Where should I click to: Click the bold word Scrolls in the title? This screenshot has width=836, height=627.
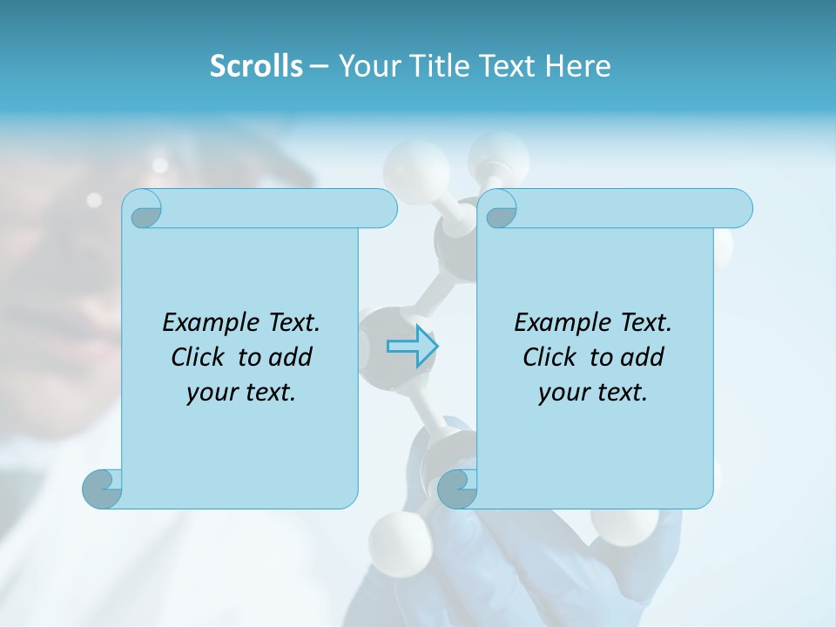[256, 66]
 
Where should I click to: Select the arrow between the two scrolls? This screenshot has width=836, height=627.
[412, 347]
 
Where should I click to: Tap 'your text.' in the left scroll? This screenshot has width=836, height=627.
[241, 393]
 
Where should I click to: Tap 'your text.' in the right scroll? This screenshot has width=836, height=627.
[593, 393]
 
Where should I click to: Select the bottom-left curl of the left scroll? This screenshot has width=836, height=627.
[102, 489]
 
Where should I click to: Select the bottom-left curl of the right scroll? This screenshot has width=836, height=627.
[457, 489]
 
